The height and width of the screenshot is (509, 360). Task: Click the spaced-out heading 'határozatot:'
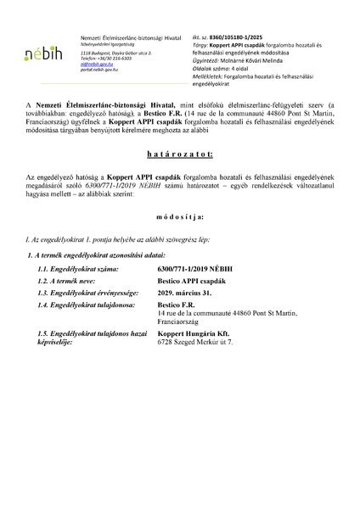point(179,180)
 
